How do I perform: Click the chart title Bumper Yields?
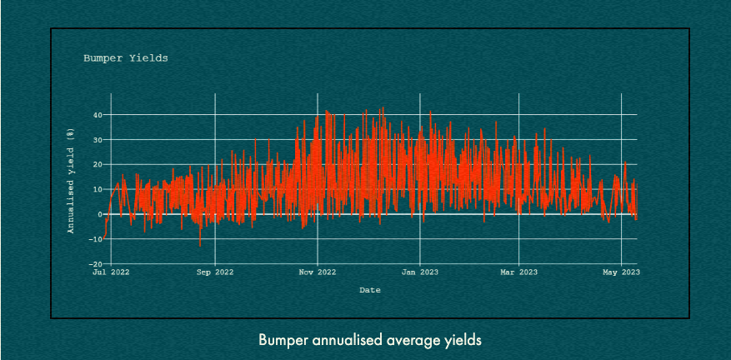125,58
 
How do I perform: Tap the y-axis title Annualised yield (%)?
72,181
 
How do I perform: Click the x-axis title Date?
370,290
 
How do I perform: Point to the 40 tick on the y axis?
98,115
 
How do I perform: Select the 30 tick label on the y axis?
98,140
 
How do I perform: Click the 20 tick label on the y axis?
98,165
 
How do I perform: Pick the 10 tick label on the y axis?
98,190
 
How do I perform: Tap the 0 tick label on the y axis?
100,214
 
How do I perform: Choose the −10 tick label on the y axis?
96,239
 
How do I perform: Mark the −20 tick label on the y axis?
96,264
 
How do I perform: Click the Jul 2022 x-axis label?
111,272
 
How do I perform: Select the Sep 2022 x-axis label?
215,272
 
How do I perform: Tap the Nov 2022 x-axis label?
317,272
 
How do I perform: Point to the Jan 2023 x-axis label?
419,272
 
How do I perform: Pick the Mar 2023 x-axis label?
518,272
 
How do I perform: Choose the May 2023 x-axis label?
621,272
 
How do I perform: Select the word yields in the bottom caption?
463,341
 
